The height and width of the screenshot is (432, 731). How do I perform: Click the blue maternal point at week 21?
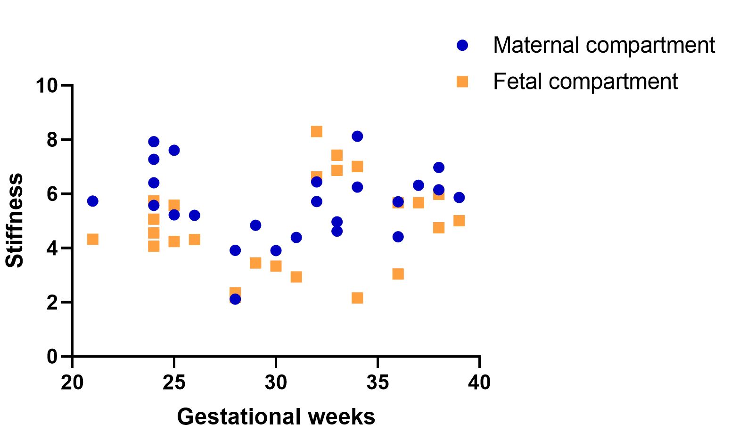tap(93, 201)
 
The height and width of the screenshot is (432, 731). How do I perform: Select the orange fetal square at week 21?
tap(93, 239)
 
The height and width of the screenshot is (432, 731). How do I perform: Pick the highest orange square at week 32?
tap(317, 131)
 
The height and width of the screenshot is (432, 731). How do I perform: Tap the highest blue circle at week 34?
tap(357, 136)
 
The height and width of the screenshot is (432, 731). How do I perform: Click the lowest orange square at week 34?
tap(357, 298)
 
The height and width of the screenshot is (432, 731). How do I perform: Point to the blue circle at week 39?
tap(459, 197)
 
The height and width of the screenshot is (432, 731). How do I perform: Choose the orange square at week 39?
tap(459, 221)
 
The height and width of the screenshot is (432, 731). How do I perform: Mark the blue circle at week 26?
tap(195, 215)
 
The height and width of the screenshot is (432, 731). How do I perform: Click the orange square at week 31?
tap(296, 277)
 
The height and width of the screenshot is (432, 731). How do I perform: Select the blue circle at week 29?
tap(255, 225)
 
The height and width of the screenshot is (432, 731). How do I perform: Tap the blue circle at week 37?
tap(419, 185)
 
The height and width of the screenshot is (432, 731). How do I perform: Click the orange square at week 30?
tap(276, 266)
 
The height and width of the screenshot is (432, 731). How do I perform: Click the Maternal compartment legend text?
tap(604, 45)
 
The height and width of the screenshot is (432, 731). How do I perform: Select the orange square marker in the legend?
tap(462, 81)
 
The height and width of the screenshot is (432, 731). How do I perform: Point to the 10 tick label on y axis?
tap(46, 86)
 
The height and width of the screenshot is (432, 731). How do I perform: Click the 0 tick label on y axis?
tap(52, 357)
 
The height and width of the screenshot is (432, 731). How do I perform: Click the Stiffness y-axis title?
tap(15, 220)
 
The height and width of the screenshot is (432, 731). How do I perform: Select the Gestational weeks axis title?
tap(276, 416)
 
